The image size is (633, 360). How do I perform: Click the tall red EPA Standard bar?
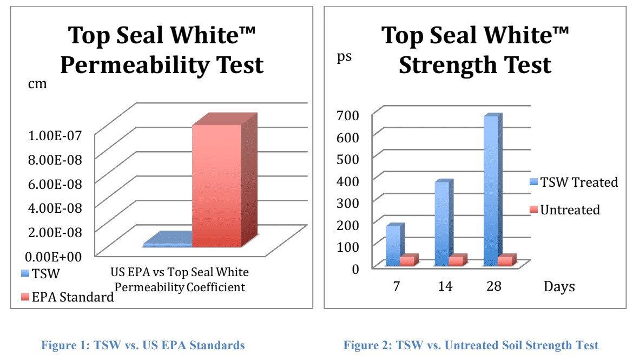(216, 187)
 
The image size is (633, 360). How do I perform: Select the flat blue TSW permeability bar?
(168, 245)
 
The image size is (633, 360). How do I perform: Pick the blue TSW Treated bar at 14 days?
(441, 224)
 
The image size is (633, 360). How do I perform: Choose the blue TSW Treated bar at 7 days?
(393, 246)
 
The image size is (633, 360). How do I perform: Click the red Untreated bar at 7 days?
(407, 261)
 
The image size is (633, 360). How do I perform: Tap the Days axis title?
(559, 286)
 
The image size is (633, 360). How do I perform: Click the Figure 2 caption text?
(471, 345)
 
